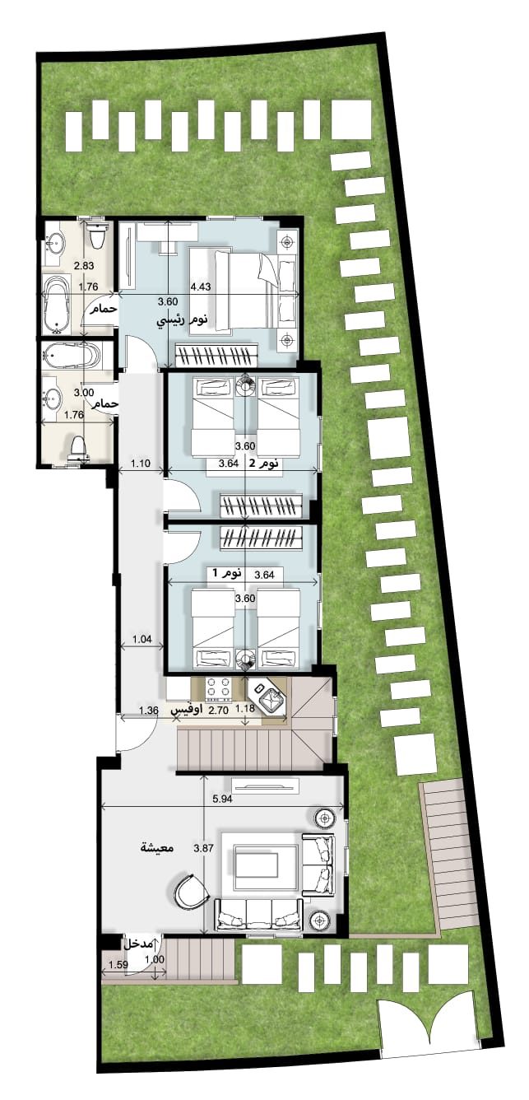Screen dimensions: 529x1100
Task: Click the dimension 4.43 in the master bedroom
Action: (200, 287)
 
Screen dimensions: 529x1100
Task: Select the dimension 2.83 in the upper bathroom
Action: (83, 266)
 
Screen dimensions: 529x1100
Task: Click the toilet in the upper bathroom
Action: (98, 235)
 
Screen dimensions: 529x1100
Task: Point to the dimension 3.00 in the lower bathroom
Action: (83, 393)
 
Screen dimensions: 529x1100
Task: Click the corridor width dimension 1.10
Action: (140, 463)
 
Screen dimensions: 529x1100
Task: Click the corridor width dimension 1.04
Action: (142, 640)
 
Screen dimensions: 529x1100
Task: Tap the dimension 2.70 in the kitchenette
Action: (218, 710)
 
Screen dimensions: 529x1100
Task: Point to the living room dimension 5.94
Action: (222, 799)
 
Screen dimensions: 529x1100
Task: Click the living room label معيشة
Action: (155, 847)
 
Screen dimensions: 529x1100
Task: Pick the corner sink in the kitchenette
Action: (267, 697)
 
